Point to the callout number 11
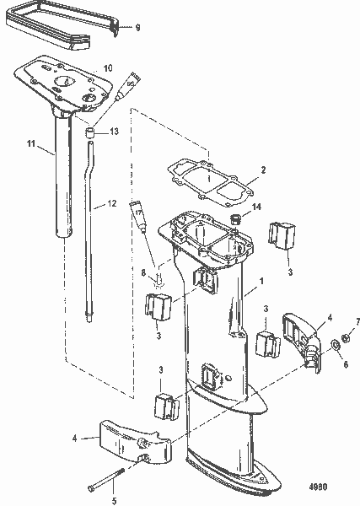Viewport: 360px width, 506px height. [x=30, y=146]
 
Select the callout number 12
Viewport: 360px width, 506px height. [x=111, y=203]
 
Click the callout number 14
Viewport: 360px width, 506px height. [x=257, y=206]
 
